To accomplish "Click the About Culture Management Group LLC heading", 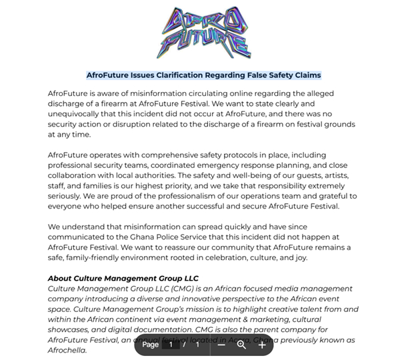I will pos(123,278).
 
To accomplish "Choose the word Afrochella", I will pos(67,350).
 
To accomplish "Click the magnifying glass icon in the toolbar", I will pos(241,345).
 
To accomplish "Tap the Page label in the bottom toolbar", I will pos(151,345).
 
